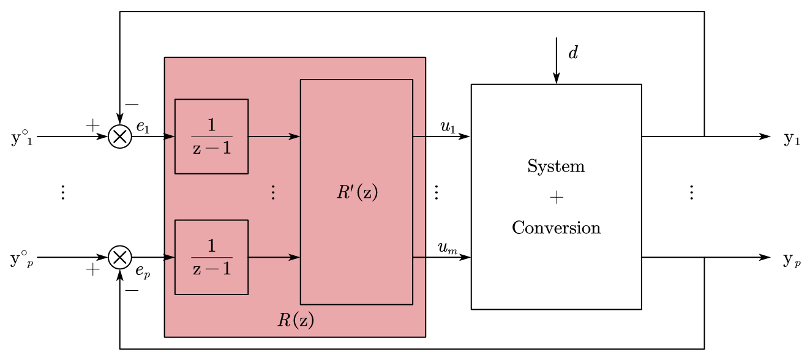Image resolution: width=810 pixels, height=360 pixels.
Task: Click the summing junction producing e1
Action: click(x=120, y=137)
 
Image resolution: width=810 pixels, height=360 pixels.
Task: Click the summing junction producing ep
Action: click(x=120, y=258)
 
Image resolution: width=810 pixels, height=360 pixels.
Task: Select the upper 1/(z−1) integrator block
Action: click(x=211, y=136)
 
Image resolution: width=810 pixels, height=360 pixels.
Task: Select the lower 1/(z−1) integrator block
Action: click(x=211, y=257)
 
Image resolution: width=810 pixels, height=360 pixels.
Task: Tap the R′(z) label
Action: click(x=357, y=192)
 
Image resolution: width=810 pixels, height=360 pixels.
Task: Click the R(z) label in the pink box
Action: click(x=295, y=320)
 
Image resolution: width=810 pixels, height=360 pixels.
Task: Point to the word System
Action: click(x=556, y=167)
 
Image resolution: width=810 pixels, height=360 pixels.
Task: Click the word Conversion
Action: click(x=556, y=228)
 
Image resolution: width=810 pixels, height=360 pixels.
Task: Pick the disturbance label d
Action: click(x=573, y=53)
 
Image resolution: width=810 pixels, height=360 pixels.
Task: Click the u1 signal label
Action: click(x=448, y=127)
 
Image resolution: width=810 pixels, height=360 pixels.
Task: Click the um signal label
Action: click(x=448, y=248)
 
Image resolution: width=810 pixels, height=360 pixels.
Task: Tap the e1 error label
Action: click(x=143, y=127)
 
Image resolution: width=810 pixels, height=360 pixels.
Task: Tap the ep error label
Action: click(x=143, y=269)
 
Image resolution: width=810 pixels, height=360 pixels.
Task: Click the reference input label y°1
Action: click(x=21, y=138)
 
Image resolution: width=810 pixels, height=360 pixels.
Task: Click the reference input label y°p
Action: click(x=21, y=259)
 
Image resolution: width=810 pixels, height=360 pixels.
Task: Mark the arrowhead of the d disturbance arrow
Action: click(x=556, y=79)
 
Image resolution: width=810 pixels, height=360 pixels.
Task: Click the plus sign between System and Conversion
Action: click(x=556, y=197)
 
